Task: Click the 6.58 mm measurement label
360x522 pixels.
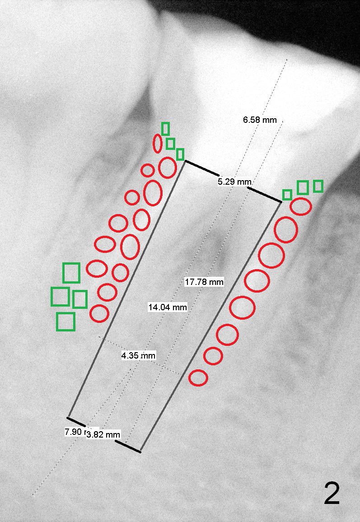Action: tap(259, 120)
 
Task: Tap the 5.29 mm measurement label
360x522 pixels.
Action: tap(234, 182)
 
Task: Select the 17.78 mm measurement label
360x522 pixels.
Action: tap(204, 282)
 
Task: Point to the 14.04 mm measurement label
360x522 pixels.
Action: tap(167, 308)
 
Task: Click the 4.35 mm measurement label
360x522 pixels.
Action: tap(138, 355)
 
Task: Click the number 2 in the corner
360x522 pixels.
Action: tap(332, 494)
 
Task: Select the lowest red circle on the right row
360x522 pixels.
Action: tap(198, 378)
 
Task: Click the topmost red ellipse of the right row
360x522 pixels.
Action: tap(301, 206)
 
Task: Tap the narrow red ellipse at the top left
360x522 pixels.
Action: tap(158, 143)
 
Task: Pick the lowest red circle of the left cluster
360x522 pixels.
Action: tap(99, 313)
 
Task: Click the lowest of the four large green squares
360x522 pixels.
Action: tap(65, 322)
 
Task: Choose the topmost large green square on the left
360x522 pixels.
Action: tap(71, 273)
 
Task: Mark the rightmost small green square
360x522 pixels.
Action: tap(318, 186)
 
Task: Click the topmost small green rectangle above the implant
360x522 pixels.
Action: tap(165, 129)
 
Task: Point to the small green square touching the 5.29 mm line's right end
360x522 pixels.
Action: tap(287, 195)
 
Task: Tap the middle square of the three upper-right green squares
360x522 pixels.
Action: tap(303, 187)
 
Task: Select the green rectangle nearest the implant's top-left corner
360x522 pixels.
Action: tap(180, 154)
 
